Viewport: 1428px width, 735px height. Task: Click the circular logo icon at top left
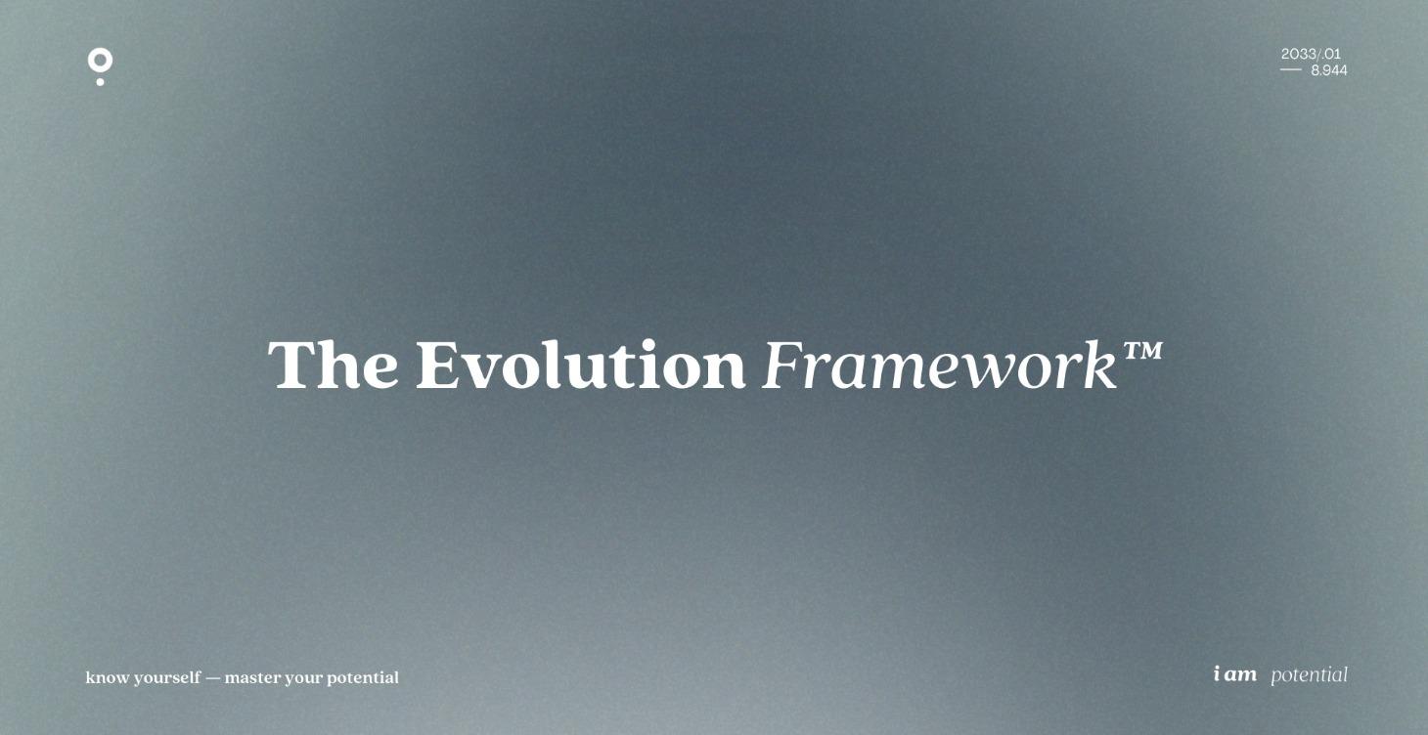[x=100, y=62]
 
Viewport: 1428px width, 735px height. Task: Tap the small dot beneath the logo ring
[x=100, y=81]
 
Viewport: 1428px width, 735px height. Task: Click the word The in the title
[x=333, y=366]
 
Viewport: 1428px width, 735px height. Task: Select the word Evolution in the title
[x=580, y=366]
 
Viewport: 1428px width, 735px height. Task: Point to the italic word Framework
[x=939, y=366]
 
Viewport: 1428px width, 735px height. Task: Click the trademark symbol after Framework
[x=1141, y=350]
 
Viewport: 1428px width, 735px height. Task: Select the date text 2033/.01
[x=1311, y=55]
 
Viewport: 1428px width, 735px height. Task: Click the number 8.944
[x=1328, y=70]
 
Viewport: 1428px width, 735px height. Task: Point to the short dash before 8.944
[x=1291, y=70]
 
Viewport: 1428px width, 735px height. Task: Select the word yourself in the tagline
[x=167, y=677]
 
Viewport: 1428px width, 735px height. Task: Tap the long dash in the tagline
[x=213, y=677]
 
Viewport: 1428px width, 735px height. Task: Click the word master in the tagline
[x=252, y=677]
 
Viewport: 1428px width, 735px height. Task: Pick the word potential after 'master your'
[x=363, y=678]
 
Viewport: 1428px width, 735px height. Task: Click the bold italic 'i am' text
[x=1234, y=674]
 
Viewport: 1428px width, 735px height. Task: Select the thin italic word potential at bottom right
[x=1309, y=675]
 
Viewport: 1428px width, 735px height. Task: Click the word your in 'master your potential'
[x=303, y=678]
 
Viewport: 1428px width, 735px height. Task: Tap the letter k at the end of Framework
[x=1102, y=366]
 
